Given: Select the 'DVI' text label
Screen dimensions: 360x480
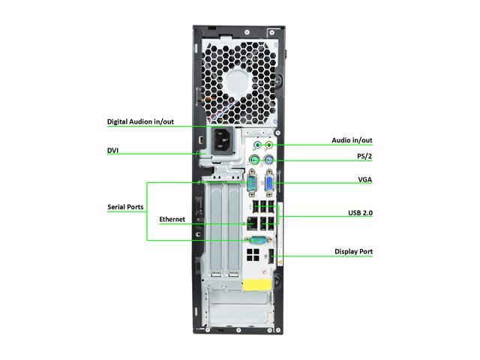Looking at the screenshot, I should coord(113,151).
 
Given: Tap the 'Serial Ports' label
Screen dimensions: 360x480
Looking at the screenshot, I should coord(125,206).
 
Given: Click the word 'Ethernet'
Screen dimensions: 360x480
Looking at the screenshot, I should coord(172,219).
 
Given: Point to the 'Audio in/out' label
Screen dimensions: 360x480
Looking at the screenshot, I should coord(352,140).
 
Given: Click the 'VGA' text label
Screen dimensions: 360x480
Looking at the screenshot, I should coord(365,180).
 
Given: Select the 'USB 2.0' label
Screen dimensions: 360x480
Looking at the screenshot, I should coord(360,213).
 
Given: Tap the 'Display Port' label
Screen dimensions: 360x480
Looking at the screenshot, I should coord(353,251).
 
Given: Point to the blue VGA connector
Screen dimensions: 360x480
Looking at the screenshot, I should coord(266,183).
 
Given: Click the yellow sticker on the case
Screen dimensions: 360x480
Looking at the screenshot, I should coord(255,285).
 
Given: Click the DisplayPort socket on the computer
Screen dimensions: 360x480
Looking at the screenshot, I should coord(272,259).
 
